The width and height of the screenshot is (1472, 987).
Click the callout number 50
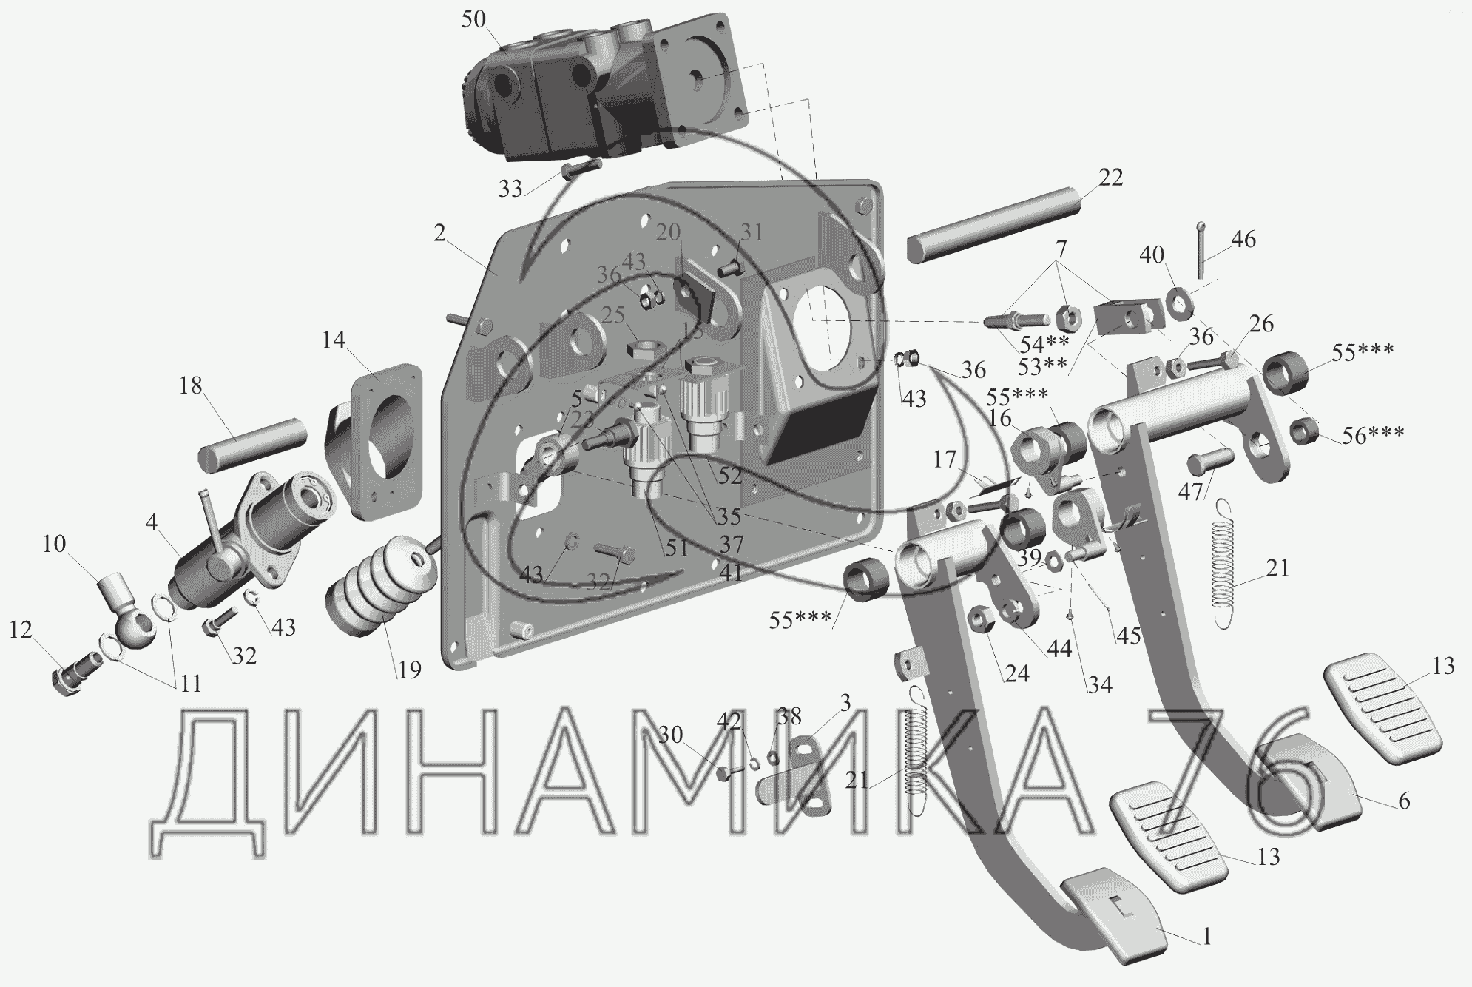(473, 18)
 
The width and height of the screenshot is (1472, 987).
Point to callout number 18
(191, 385)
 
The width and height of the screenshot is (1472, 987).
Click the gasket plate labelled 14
(377, 437)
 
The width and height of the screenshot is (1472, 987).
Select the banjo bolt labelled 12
(74, 670)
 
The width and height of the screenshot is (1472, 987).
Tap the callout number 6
(1404, 801)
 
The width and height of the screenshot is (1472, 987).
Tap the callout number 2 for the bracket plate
(440, 234)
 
